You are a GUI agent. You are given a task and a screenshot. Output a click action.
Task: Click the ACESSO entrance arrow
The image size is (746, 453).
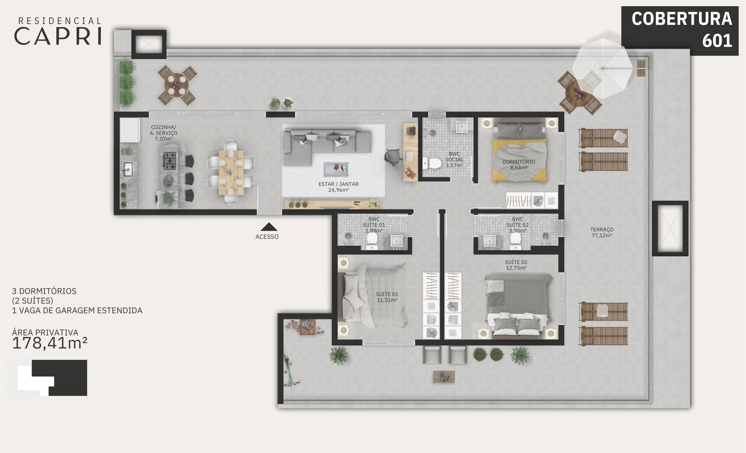tap(269, 227)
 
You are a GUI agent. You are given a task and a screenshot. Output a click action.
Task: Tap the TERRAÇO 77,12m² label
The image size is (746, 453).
tap(601, 233)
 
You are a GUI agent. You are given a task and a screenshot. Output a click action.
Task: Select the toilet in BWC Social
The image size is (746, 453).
tap(432, 163)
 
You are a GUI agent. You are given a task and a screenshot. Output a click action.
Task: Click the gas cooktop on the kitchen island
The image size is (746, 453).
tap(170, 161)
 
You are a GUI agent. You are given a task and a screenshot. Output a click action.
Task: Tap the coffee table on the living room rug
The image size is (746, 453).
tap(336, 169)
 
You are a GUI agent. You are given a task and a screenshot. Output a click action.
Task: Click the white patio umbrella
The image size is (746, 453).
tap(603, 68)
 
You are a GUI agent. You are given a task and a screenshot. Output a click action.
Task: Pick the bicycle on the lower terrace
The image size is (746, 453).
tap(290, 370)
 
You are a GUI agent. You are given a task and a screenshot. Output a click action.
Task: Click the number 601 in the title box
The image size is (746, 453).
tap(717, 40)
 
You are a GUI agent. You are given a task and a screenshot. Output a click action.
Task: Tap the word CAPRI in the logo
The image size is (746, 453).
tap(58, 36)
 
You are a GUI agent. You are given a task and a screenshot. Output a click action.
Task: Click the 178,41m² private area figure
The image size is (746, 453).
tap(50, 344)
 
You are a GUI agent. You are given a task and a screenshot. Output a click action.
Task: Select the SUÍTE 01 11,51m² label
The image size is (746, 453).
tap(387, 297)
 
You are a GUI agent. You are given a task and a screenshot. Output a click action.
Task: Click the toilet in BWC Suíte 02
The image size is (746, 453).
tap(515, 241)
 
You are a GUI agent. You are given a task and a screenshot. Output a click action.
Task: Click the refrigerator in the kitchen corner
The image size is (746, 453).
tap(130, 130)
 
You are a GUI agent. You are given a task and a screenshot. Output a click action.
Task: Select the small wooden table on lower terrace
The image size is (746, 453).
tap(444, 377)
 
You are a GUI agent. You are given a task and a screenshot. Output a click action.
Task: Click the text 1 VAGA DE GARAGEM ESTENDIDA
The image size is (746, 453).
tap(77, 311)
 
